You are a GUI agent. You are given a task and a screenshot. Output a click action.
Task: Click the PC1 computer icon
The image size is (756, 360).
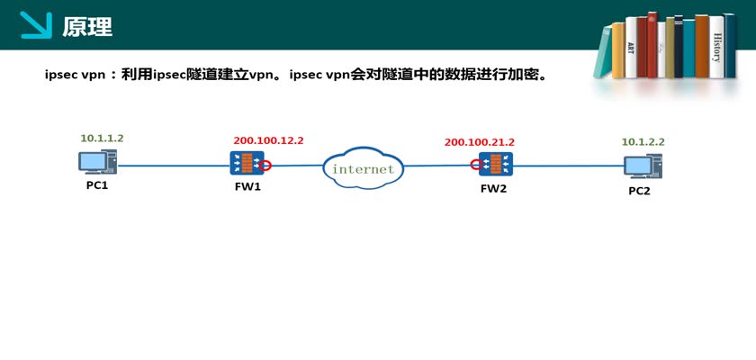95,163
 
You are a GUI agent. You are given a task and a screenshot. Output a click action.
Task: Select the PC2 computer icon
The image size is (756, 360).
643,166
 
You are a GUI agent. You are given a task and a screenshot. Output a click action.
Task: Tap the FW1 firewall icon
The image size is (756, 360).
246,164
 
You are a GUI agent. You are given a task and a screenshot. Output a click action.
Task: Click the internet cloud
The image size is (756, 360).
363,168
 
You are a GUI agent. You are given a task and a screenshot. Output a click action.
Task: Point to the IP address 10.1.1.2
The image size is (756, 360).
102,139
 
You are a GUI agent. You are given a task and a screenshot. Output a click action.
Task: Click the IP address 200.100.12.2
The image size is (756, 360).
268,140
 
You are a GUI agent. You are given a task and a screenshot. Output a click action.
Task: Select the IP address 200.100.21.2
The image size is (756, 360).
479,142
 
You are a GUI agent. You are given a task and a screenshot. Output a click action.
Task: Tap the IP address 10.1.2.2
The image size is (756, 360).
643,142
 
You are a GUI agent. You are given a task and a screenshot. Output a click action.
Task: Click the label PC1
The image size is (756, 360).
97,185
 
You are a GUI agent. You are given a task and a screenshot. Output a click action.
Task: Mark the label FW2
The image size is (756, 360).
494,189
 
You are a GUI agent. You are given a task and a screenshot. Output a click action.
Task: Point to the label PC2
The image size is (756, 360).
639,191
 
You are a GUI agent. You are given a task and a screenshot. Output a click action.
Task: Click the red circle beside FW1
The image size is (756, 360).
266,165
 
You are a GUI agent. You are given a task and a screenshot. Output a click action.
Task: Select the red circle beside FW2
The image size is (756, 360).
475,165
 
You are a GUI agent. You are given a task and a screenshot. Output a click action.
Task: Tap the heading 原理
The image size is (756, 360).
87,27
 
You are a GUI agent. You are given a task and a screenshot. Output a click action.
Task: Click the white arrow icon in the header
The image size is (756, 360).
36,25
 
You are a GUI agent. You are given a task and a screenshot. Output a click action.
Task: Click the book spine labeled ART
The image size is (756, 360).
631,49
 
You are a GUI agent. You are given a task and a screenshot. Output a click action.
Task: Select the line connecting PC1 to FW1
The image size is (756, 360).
171,165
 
